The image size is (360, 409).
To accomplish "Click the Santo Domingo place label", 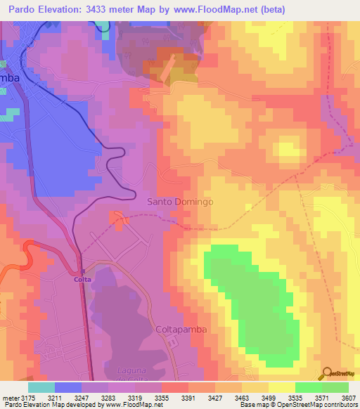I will click(x=179, y=202).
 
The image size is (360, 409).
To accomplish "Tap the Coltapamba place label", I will click(x=179, y=328).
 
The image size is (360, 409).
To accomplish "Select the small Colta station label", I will click(x=82, y=279).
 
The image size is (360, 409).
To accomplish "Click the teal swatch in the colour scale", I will click(x=41, y=387).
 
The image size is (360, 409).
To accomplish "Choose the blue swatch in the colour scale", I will click(x=68, y=387).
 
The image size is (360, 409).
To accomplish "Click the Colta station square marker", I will click(x=82, y=271).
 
